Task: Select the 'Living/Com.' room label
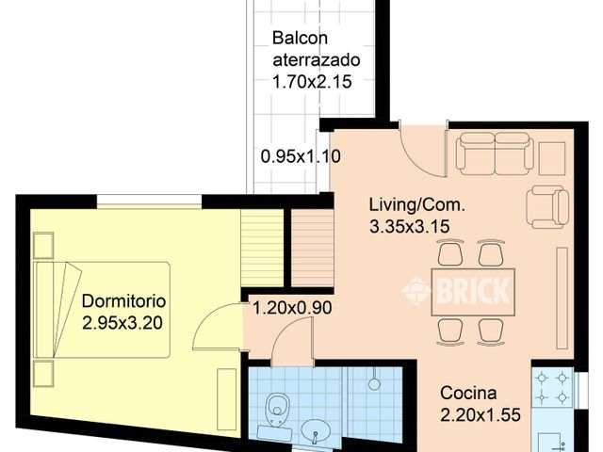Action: [416, 204]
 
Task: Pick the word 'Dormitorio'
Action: [123, 301]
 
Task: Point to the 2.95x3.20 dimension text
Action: [123, 322]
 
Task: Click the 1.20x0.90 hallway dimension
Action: [291, 307]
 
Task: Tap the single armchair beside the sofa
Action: [547, 205]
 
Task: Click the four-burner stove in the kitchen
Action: [552, 386]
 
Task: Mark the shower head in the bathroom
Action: [374, 383]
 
